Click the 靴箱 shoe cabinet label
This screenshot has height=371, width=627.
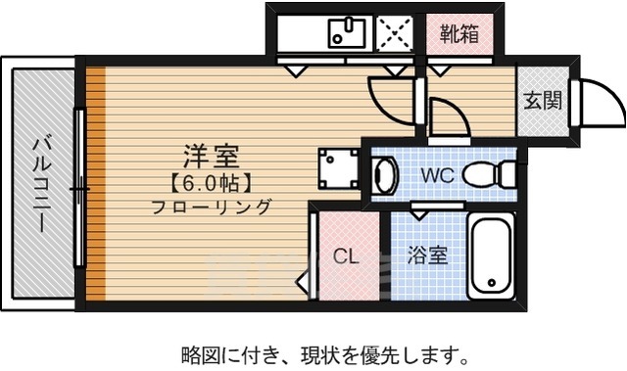click(x=458, y=33)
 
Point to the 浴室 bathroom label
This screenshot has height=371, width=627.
click(x=427, y=256)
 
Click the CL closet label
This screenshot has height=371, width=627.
click(x=345, y=256)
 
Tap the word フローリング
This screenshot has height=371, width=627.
click(x=210, y=207)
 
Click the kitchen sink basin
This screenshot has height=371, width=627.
click(x=346, y=33)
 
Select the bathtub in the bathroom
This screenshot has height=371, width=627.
click(x=490, y=257)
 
